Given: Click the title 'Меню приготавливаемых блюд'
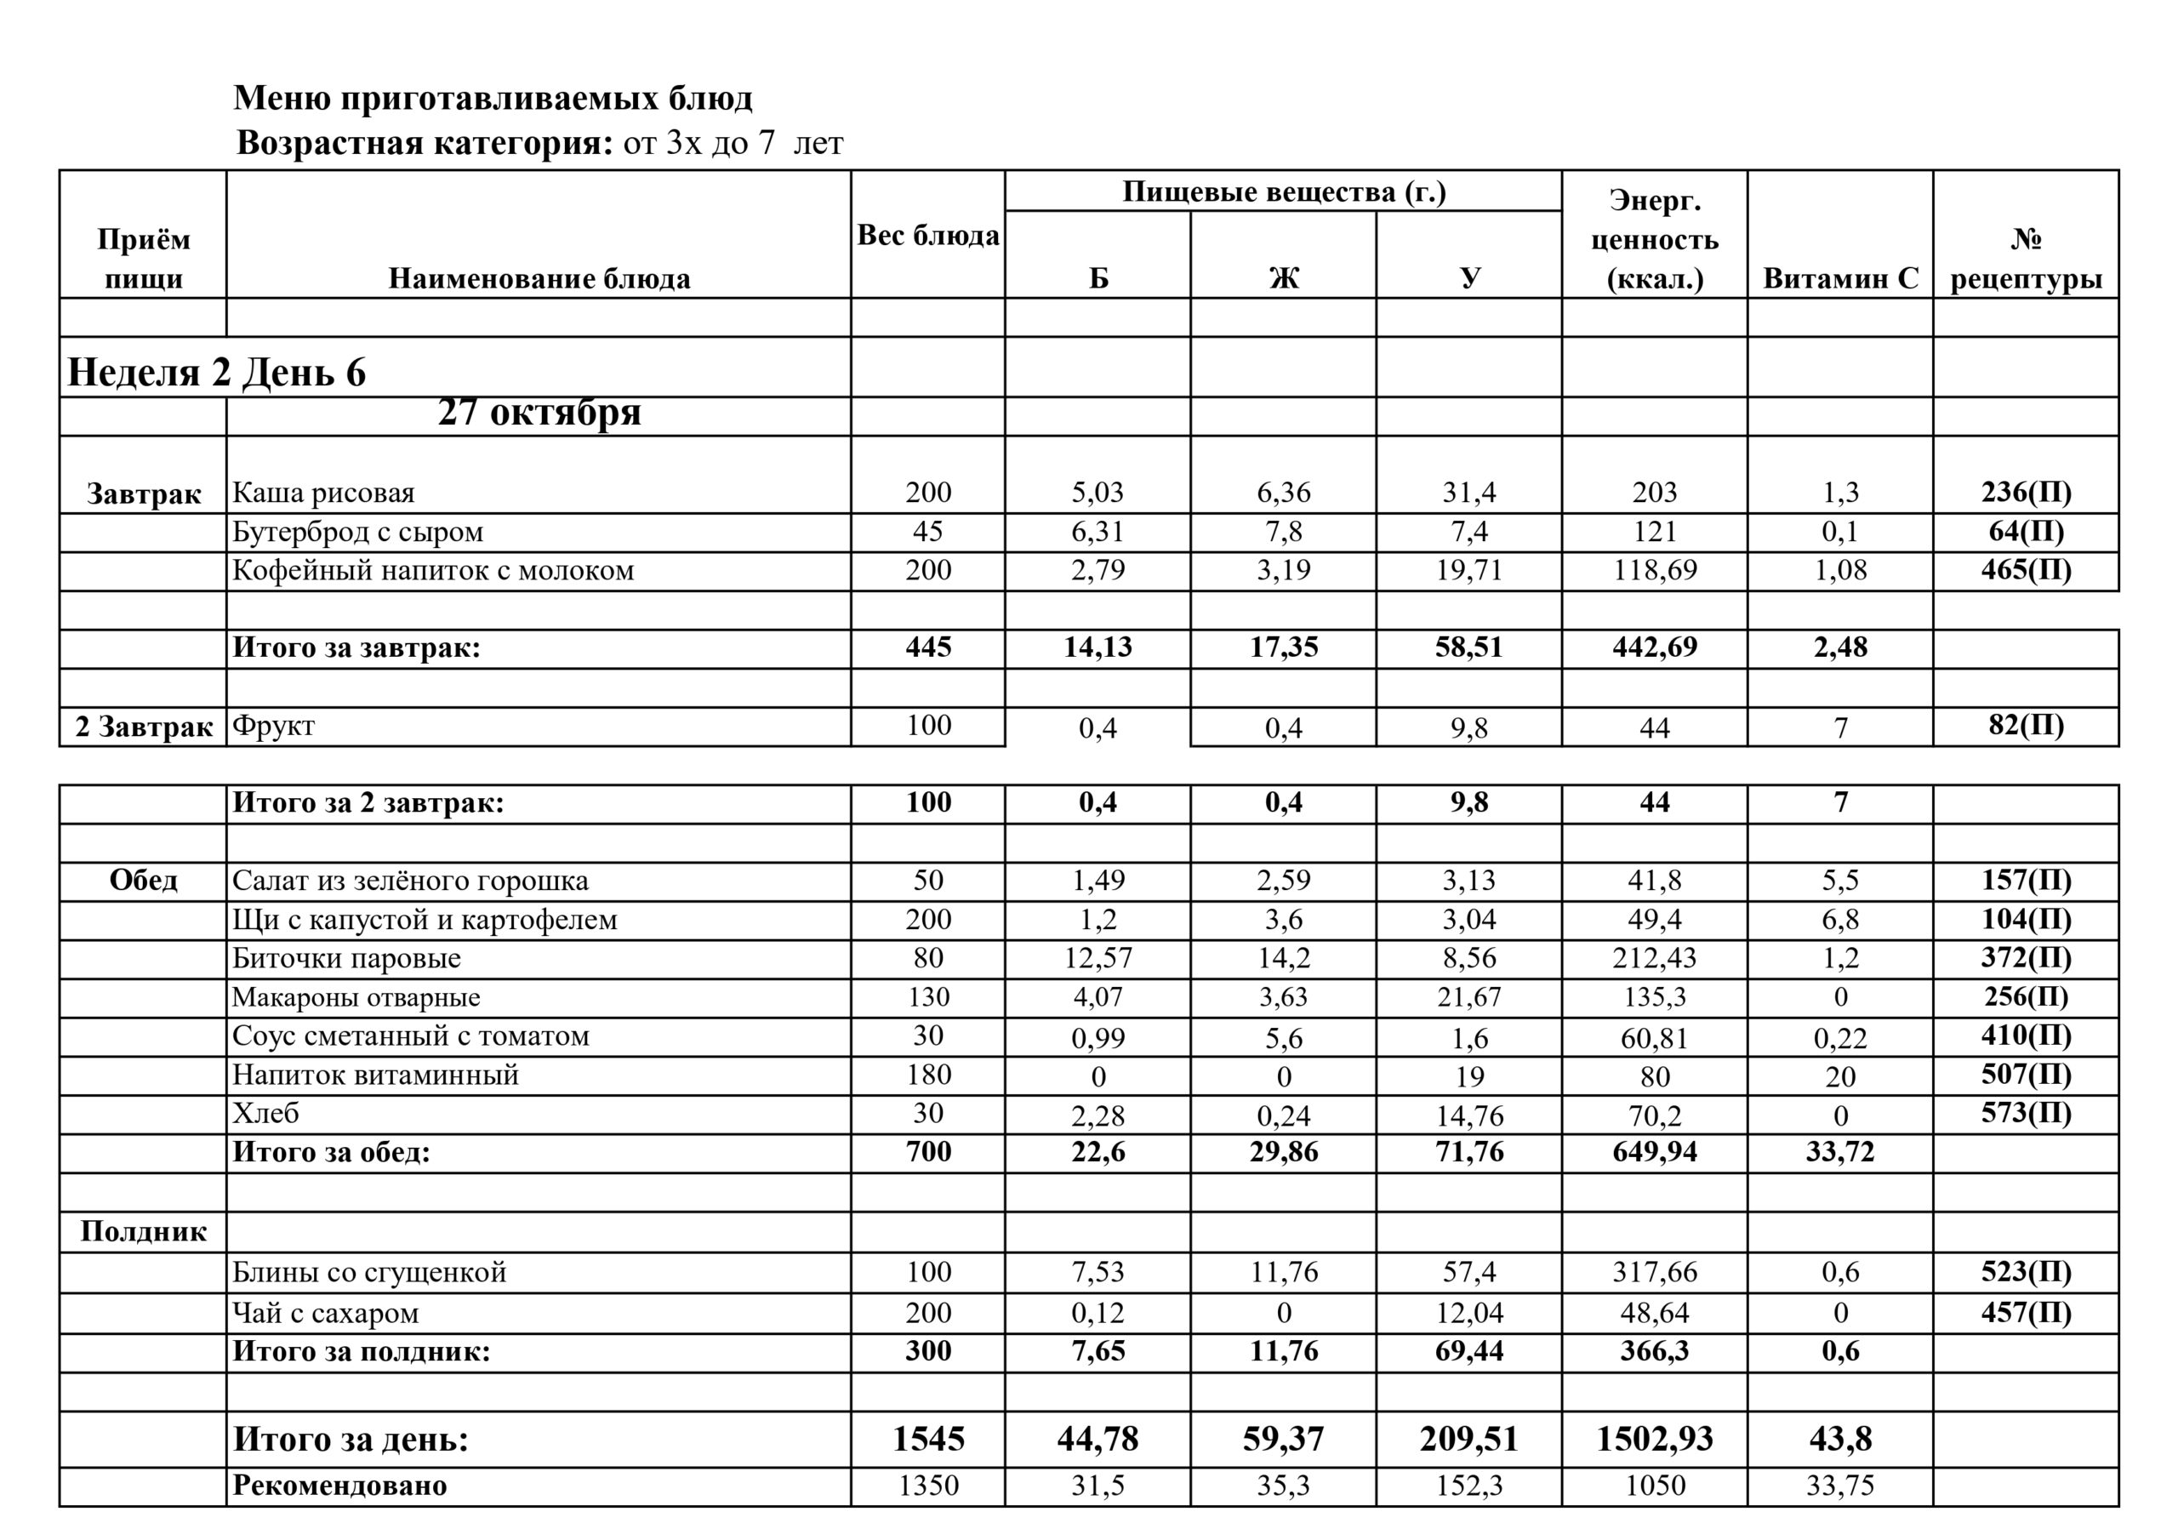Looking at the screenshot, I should (493, 99).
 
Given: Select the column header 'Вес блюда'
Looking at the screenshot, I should (927, 236).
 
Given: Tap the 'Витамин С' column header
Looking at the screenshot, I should (1839, 278).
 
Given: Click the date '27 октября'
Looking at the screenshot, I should (539, 413).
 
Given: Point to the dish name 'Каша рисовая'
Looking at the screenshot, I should (323, 493).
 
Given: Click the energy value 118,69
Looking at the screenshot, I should (1655, 570).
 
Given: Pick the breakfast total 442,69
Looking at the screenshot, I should (1655, 648).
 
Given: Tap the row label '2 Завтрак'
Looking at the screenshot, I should (143, 727).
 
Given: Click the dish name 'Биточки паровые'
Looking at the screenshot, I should (346, 958).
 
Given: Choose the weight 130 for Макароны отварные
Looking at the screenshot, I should (927, 997).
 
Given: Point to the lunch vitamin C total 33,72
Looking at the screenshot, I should (1839, 1153).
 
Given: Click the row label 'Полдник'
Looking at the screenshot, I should (143, 1232).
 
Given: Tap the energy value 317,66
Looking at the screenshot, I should (1655, 1273).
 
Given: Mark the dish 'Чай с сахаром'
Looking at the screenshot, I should (325, 1313).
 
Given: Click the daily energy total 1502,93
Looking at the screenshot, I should (1655, 1440).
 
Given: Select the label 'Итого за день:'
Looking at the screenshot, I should (350, 1440).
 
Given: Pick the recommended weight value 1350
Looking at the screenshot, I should (927, 1486).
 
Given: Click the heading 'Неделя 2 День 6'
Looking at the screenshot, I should (216, 373).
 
